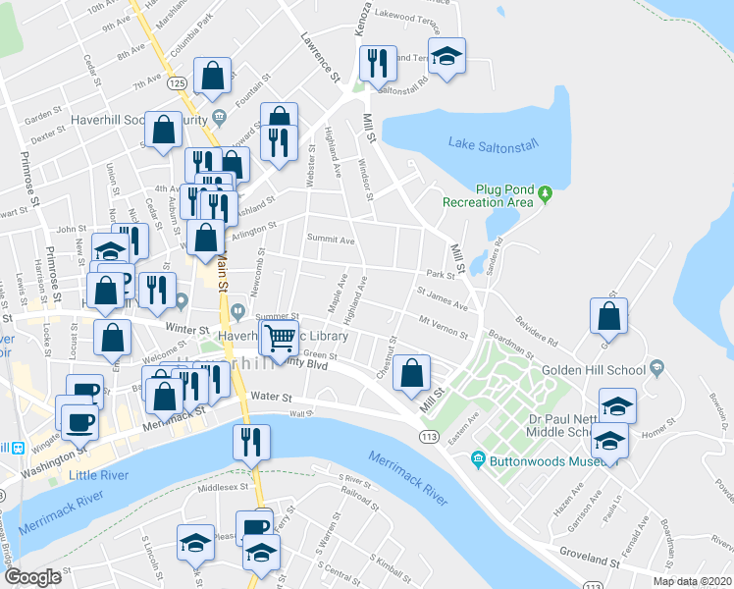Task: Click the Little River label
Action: click(98, 476)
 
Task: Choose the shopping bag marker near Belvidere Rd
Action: click(609, 316)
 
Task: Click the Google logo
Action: click(32, 577)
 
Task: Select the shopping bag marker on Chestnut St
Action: click(413, 372)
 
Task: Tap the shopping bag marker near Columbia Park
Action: click(212, 76)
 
